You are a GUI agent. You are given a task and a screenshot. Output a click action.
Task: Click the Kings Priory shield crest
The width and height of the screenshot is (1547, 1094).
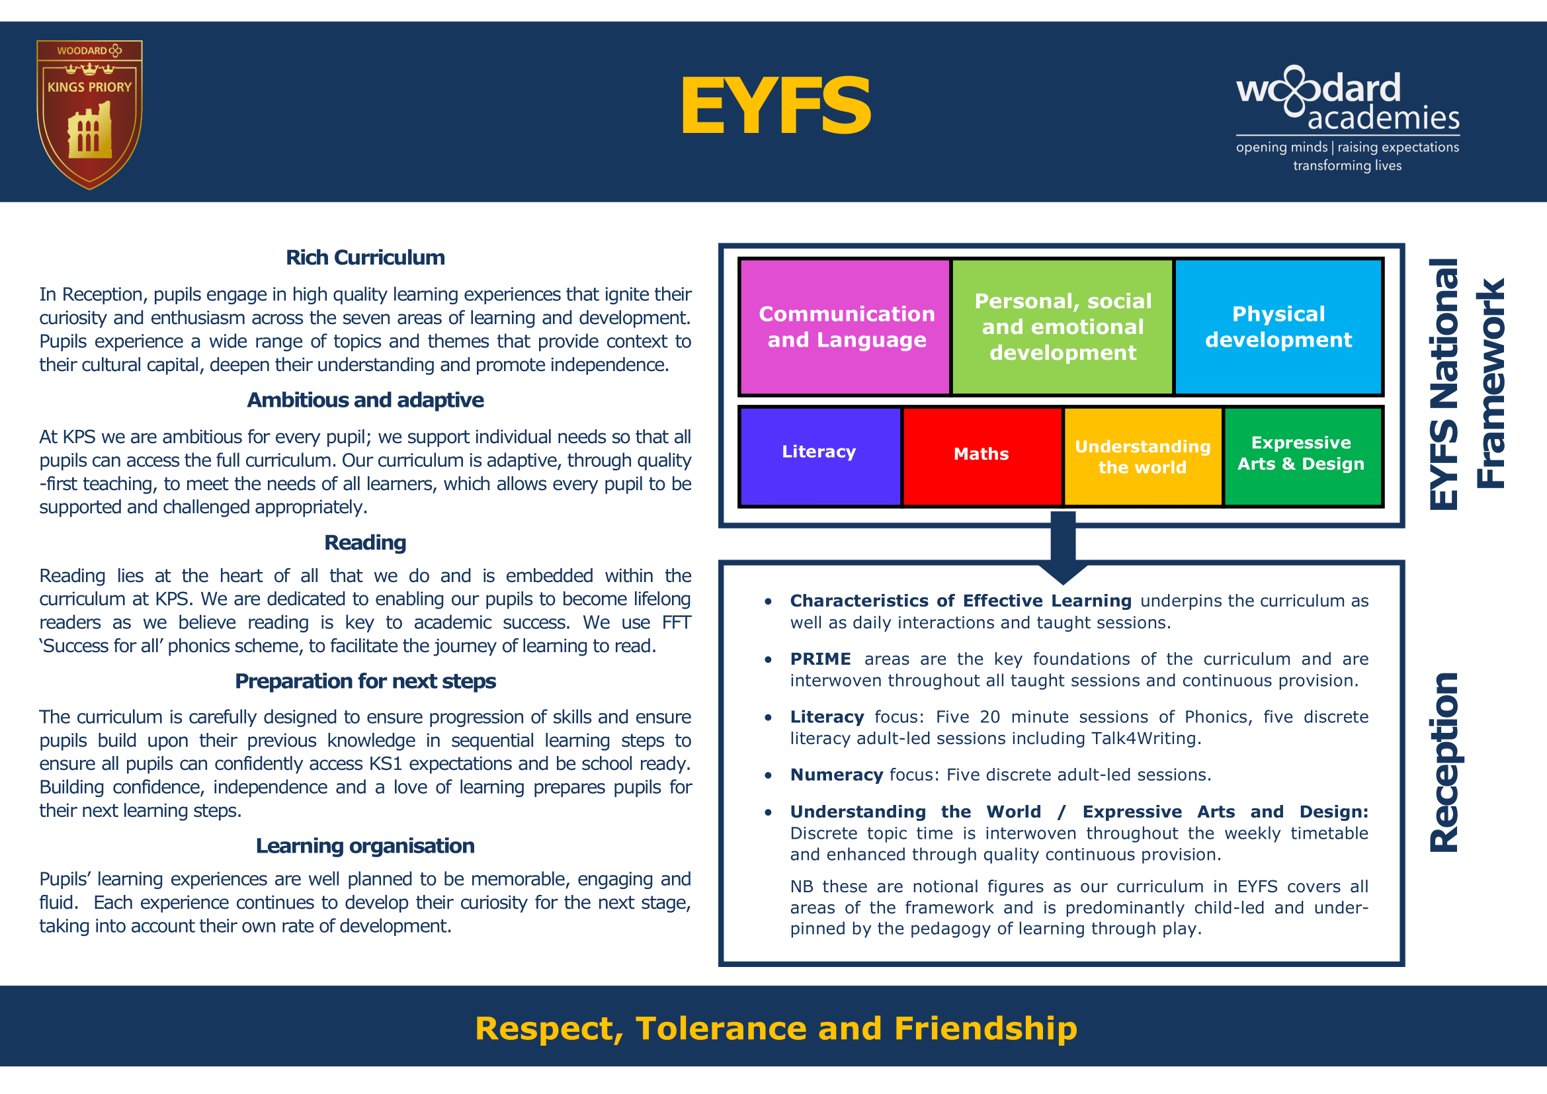coord(89,114)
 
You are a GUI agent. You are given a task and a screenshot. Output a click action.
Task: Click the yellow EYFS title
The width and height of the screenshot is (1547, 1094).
coord(776,106)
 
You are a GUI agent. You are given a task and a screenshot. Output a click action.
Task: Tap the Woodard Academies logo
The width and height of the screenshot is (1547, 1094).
coord(1347,118)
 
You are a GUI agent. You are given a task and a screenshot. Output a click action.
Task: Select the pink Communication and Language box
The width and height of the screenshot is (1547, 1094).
coord(846,327)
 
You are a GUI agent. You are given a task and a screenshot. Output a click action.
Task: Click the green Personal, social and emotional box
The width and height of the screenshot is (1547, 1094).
coord(1063,327)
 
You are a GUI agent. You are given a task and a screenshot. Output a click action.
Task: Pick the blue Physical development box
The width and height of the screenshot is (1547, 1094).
coord(1278,327)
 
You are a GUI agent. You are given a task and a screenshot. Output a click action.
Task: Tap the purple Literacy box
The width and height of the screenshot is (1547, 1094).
coord(819,456)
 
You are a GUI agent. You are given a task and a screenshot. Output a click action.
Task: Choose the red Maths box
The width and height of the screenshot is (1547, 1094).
coord(982,456)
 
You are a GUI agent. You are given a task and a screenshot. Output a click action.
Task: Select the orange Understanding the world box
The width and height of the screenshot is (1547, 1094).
coord(1143,456)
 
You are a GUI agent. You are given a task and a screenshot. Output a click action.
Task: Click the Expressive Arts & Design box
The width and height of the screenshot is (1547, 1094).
coord(1302,456)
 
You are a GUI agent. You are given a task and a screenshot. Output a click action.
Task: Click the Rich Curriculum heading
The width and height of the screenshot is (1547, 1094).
coord(365,258)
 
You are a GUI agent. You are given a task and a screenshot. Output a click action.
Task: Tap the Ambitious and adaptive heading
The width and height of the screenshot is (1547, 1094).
coord(365,400)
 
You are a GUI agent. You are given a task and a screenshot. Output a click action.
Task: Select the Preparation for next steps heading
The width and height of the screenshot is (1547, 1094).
coord(365,681)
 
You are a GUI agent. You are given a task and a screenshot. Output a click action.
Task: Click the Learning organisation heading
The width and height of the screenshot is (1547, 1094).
coord(365,845)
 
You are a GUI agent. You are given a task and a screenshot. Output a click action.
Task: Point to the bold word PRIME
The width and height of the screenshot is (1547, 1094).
coord(820,659)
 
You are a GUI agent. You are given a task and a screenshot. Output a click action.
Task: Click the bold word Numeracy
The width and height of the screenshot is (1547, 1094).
coord(836,775)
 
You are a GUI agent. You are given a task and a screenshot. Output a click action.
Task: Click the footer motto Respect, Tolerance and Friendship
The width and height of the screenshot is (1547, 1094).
coord(776,1028)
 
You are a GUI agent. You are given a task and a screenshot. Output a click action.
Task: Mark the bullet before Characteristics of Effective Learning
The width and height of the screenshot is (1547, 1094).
coord(768,601)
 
